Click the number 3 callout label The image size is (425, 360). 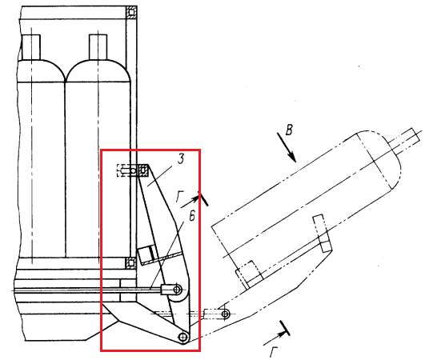pyautogui.click(x=181, y=158)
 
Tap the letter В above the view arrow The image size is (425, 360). pyautogui.click(x=289, y=130)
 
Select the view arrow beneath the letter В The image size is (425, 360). pyautogui.click(x=287, y=147)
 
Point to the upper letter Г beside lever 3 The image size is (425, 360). pyautogui.click(x=179, y=196)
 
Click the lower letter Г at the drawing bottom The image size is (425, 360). pyautogui.click(x=273, y=352)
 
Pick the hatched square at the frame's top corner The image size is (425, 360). pyautogui.click(x=131, y=13)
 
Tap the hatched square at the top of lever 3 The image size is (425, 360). pyautogui.click(x=143, y=170)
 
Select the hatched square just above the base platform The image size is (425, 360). pyautogui.click(x=130, y=262)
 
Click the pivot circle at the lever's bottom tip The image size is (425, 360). pyautogui.click(x=183, y=338)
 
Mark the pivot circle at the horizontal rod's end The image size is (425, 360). pyautogui.click(x=177, y=290)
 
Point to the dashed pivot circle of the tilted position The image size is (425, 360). pyautogui.click(x=225, y=314)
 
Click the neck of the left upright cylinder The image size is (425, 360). pyautogui.click(x=31, y=47)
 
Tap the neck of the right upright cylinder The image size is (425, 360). pyautogui.click(x=98, y=47)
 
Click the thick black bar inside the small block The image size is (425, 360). pyautogui.click(x=152, y=254)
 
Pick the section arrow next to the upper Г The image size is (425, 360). pyautogui.click(x=194, y=199)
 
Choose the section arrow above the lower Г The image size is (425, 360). pyautogui.click(x=277, y=333)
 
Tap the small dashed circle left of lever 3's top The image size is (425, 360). pyautogui.click(x=133, y=171)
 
